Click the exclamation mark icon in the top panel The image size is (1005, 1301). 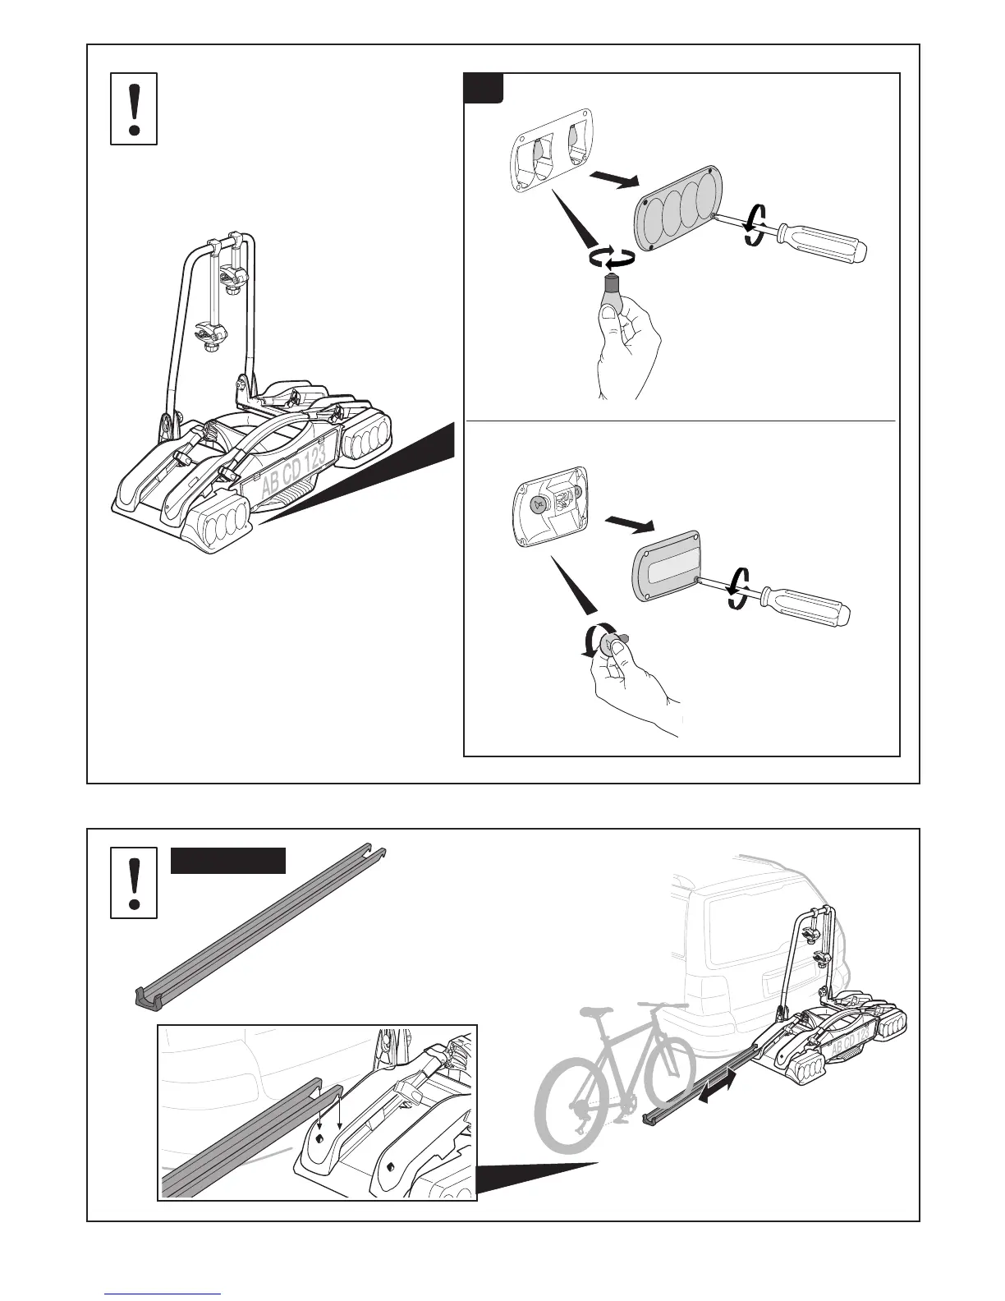click(x=134, y=108)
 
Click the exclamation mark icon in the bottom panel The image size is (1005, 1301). click(x=134, y=883)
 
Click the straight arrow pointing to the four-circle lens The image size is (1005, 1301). click(x=611, y=180)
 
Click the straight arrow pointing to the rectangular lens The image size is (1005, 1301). click(x=628, y=523)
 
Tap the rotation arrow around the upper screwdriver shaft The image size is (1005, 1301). click(x=756, y=220)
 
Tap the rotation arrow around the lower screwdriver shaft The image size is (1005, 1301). click(x=737, y=589)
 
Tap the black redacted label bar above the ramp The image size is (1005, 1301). click(x=228, y=862)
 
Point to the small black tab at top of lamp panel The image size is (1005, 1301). click(x=484, y=88)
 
